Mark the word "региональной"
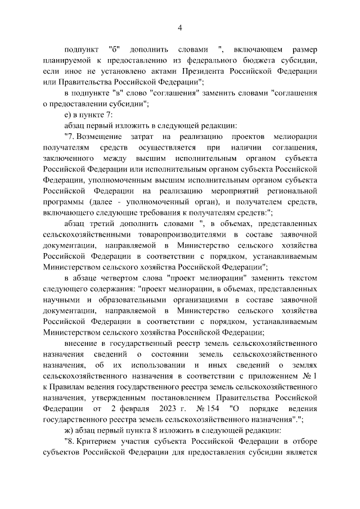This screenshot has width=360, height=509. coord(291,190)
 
